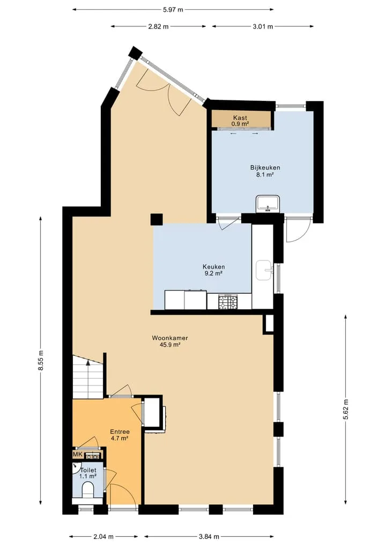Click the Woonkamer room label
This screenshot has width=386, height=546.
click(170, 341)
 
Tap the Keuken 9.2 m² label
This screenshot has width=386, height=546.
click(213, 270)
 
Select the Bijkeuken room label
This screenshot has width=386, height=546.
click(265, 171)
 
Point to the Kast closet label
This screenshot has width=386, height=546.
click(240, 120)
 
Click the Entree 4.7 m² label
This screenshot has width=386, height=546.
click(120, 435)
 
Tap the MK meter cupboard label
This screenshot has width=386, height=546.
click(77, 454)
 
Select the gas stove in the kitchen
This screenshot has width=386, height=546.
click(228, 302)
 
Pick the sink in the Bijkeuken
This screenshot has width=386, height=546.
click(268, 203)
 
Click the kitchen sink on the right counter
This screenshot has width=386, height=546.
click(264, 270)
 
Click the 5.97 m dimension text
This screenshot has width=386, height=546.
click(173, 10)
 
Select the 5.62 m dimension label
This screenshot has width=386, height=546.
click(346, 410)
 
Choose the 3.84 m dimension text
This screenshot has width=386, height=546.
click(209, 536)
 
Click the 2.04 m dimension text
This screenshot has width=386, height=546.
click(103, 536)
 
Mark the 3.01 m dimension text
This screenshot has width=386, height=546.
click(263, 26)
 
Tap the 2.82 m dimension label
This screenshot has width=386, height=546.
click(158, 26)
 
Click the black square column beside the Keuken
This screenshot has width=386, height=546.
click(157, 220)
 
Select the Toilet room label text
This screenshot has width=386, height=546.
click(88, 470)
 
